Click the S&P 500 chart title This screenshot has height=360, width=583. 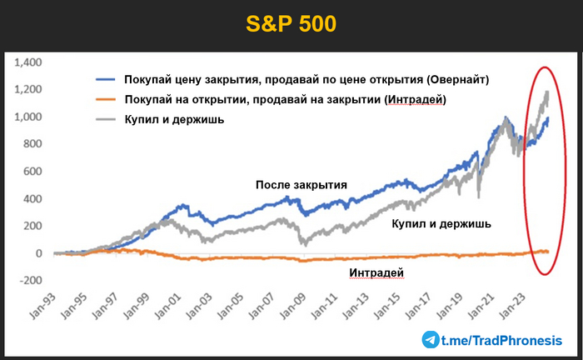[291, 23]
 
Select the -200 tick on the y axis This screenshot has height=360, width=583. [31, 280]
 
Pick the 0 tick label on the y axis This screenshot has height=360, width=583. [37, 252]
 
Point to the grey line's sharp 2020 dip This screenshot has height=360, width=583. [479, 197]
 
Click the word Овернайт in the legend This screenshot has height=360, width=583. [456, 79]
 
